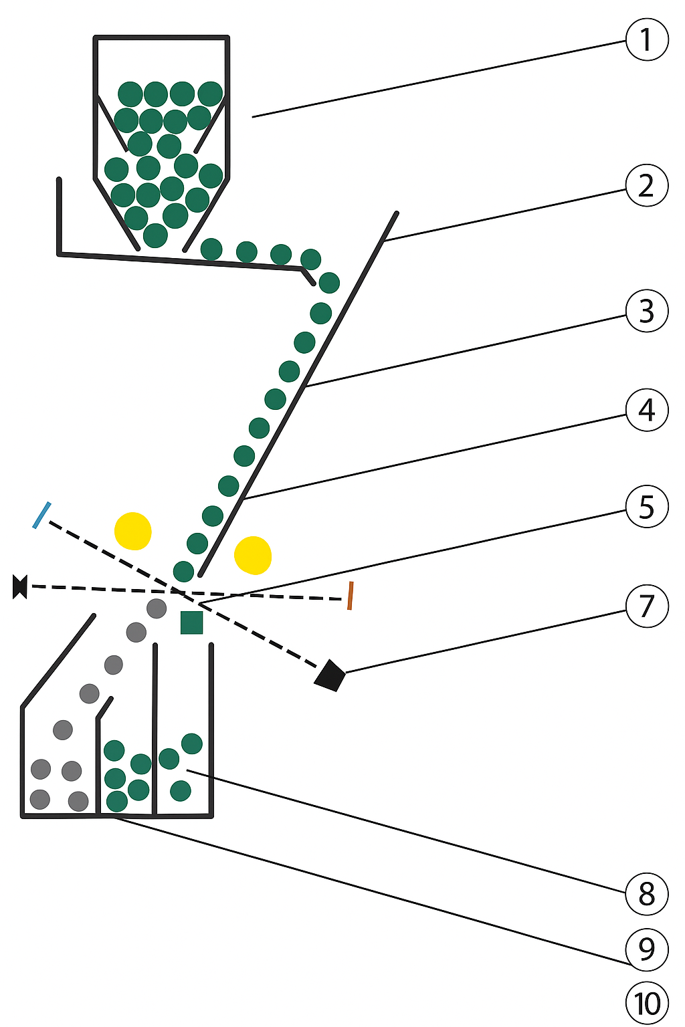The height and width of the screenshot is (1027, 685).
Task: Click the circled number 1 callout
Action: pyautogui.click(x=646, y=39)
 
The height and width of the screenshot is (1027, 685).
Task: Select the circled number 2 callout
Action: pyautogui.click(x=646, y=185)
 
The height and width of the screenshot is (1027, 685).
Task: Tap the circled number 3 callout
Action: pyautogui.click(x=646, y=311)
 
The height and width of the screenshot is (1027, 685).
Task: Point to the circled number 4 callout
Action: pyautogui.click(x=646, y=410)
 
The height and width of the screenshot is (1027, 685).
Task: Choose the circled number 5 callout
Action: pyautogui.click(x=646, y=507)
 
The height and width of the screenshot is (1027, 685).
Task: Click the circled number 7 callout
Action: pyautogui.click(x=646, y=606)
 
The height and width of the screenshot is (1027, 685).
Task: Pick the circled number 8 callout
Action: pyautogui.click(x=646, y=893)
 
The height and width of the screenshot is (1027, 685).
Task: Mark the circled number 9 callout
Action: pyautogui.click(x=646, y=949)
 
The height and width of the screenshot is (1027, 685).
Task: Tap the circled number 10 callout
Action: pyautogui.click(x=646, y=1003)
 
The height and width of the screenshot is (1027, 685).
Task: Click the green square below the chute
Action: pyautogui.click(x=192, y=622)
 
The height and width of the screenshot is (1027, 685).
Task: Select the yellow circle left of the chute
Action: pyautogui.click(x=132, y=531)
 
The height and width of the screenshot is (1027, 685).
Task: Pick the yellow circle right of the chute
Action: pyautogui.click(x=253, y=555)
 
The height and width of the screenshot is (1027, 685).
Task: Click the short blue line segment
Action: pyautogui.click(x=41, y=516)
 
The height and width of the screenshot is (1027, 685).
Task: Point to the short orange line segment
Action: pyautogui.click(x=350, y=596)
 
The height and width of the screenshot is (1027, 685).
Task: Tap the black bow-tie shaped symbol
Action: pyautogui.click(x=19, y=586)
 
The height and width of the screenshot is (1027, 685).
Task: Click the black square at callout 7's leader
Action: pyautogui.click(x=329, y=675)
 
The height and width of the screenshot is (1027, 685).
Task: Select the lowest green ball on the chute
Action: pyautogui.click(x=183, y=571)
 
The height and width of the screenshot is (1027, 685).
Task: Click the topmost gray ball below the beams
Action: pyautogui.click(x=157, y=608)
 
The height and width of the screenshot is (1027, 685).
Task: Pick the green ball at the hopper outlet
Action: pyautogui.click(x=155, y=235)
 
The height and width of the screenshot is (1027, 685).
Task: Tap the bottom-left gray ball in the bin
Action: pyautogui.click(x=40, y=800)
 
